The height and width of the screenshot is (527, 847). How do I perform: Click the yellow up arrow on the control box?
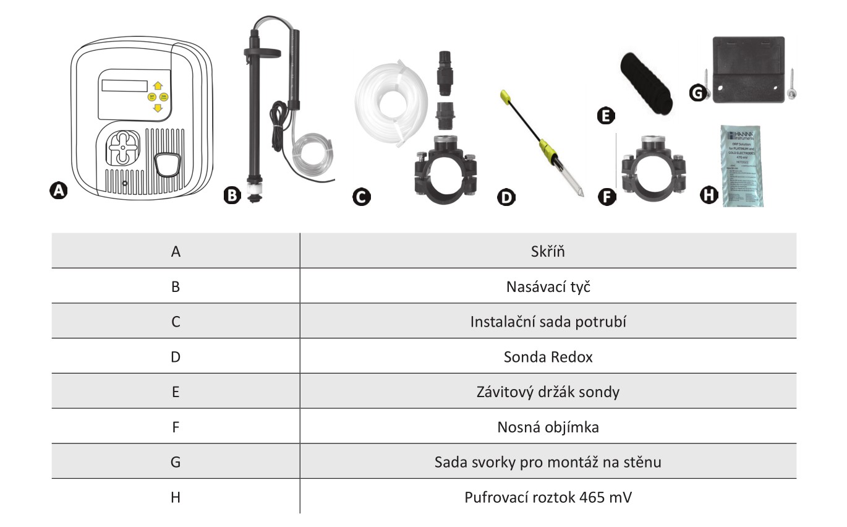click(158, 86)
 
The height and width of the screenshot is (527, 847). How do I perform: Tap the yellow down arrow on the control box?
click(158, 108)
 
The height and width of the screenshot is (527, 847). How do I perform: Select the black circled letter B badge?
click(232, 196)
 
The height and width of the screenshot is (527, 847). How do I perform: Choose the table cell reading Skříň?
click(548, 251)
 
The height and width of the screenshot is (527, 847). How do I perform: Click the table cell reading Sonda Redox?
click(548, 357)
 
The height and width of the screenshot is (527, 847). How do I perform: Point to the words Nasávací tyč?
click(548, 286)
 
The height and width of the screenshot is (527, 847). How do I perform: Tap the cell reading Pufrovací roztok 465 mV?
click(548, 497)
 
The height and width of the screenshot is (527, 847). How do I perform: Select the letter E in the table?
click(176, 392)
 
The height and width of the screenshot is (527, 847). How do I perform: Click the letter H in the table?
click(176, 497)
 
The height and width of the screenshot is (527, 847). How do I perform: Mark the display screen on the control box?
click(125, 86)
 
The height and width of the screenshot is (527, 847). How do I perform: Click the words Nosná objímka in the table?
click(548, 427)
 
